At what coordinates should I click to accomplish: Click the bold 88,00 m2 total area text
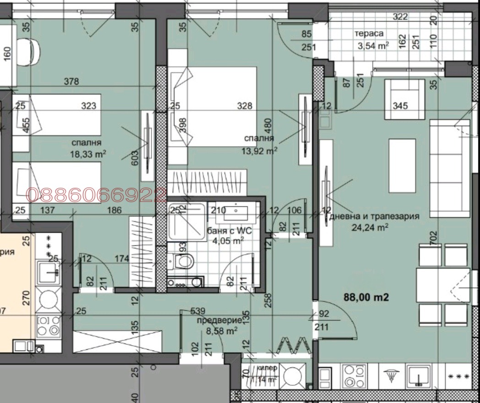(366, 297)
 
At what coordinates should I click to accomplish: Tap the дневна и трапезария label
(375, 216)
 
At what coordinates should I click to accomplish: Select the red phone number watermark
(96, 196)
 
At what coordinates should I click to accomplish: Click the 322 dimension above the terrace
(400, 17)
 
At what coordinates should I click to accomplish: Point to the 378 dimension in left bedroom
(71, 82)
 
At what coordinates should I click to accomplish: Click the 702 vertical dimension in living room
(434, 238)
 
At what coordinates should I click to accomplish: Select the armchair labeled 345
(405, 99)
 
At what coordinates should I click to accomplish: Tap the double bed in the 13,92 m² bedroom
(213, 106)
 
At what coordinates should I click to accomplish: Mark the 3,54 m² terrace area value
(373, 45)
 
